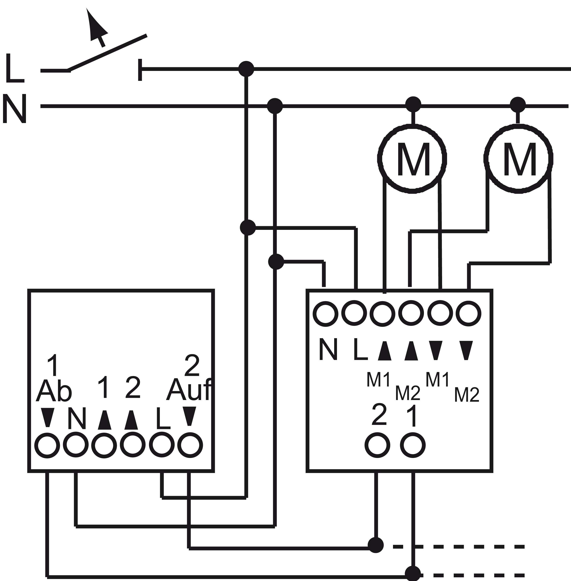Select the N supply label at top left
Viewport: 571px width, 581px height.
tap(14, 108)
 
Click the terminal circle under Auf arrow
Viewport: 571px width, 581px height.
tap(190, 445)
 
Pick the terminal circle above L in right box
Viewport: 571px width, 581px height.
tap(354, 313)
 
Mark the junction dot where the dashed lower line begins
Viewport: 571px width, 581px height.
tap(413, 573)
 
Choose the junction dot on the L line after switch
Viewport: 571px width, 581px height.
tap(246, 69)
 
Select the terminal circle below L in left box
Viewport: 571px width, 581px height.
tap(162, 445)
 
